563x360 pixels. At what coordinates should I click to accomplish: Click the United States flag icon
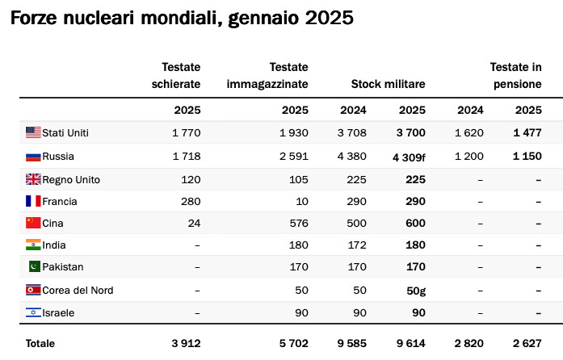tap(33, 132)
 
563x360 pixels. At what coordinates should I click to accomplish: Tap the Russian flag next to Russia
tap(33, 157)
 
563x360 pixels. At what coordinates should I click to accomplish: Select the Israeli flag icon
tap(33, 312)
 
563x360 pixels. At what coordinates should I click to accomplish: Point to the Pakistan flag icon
tap(35, 266)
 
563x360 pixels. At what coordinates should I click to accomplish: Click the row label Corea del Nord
tap(78, 290)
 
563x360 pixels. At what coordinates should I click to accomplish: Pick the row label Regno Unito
tap(71, 179)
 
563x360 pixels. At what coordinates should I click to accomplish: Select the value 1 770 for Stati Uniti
tap(187, 133)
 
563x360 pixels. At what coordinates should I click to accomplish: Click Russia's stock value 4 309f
tap(409, 157)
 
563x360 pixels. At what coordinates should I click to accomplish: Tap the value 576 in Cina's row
tap(299, 224)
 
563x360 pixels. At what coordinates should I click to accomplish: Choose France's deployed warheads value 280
tap(191, 201)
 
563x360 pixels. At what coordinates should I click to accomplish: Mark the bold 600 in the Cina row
tap(415, 224)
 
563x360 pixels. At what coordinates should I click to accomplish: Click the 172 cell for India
tap(357, 245)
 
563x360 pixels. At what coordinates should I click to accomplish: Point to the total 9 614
tap(411, 344)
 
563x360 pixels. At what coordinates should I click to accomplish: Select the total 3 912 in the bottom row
tap(186, 344)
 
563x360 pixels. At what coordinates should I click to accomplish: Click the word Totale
tap(40, 344)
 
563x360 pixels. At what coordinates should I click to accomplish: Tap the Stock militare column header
tap(389, 84)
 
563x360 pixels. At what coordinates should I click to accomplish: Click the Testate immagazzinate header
tap(267, 75)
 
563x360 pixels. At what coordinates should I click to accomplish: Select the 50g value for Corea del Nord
tap(416, 291)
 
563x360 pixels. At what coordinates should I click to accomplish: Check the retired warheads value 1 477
tap(527, 133)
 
